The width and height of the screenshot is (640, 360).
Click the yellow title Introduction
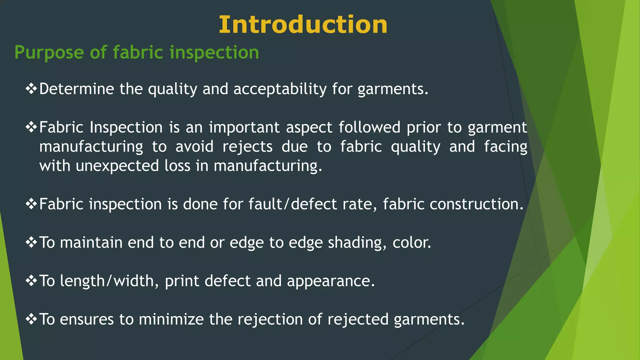[303, 25]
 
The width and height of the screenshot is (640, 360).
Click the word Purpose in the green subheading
[49, 52]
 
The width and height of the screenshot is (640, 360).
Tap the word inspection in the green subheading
[214, 52]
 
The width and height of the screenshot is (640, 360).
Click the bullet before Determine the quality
[31, 89]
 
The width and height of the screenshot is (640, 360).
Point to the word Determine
[77, 89]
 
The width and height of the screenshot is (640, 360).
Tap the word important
[244, 127]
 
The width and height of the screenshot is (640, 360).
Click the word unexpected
[117, 166]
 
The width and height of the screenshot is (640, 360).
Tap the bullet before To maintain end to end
[31, 242]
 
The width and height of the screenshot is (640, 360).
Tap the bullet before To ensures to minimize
[31, 319]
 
